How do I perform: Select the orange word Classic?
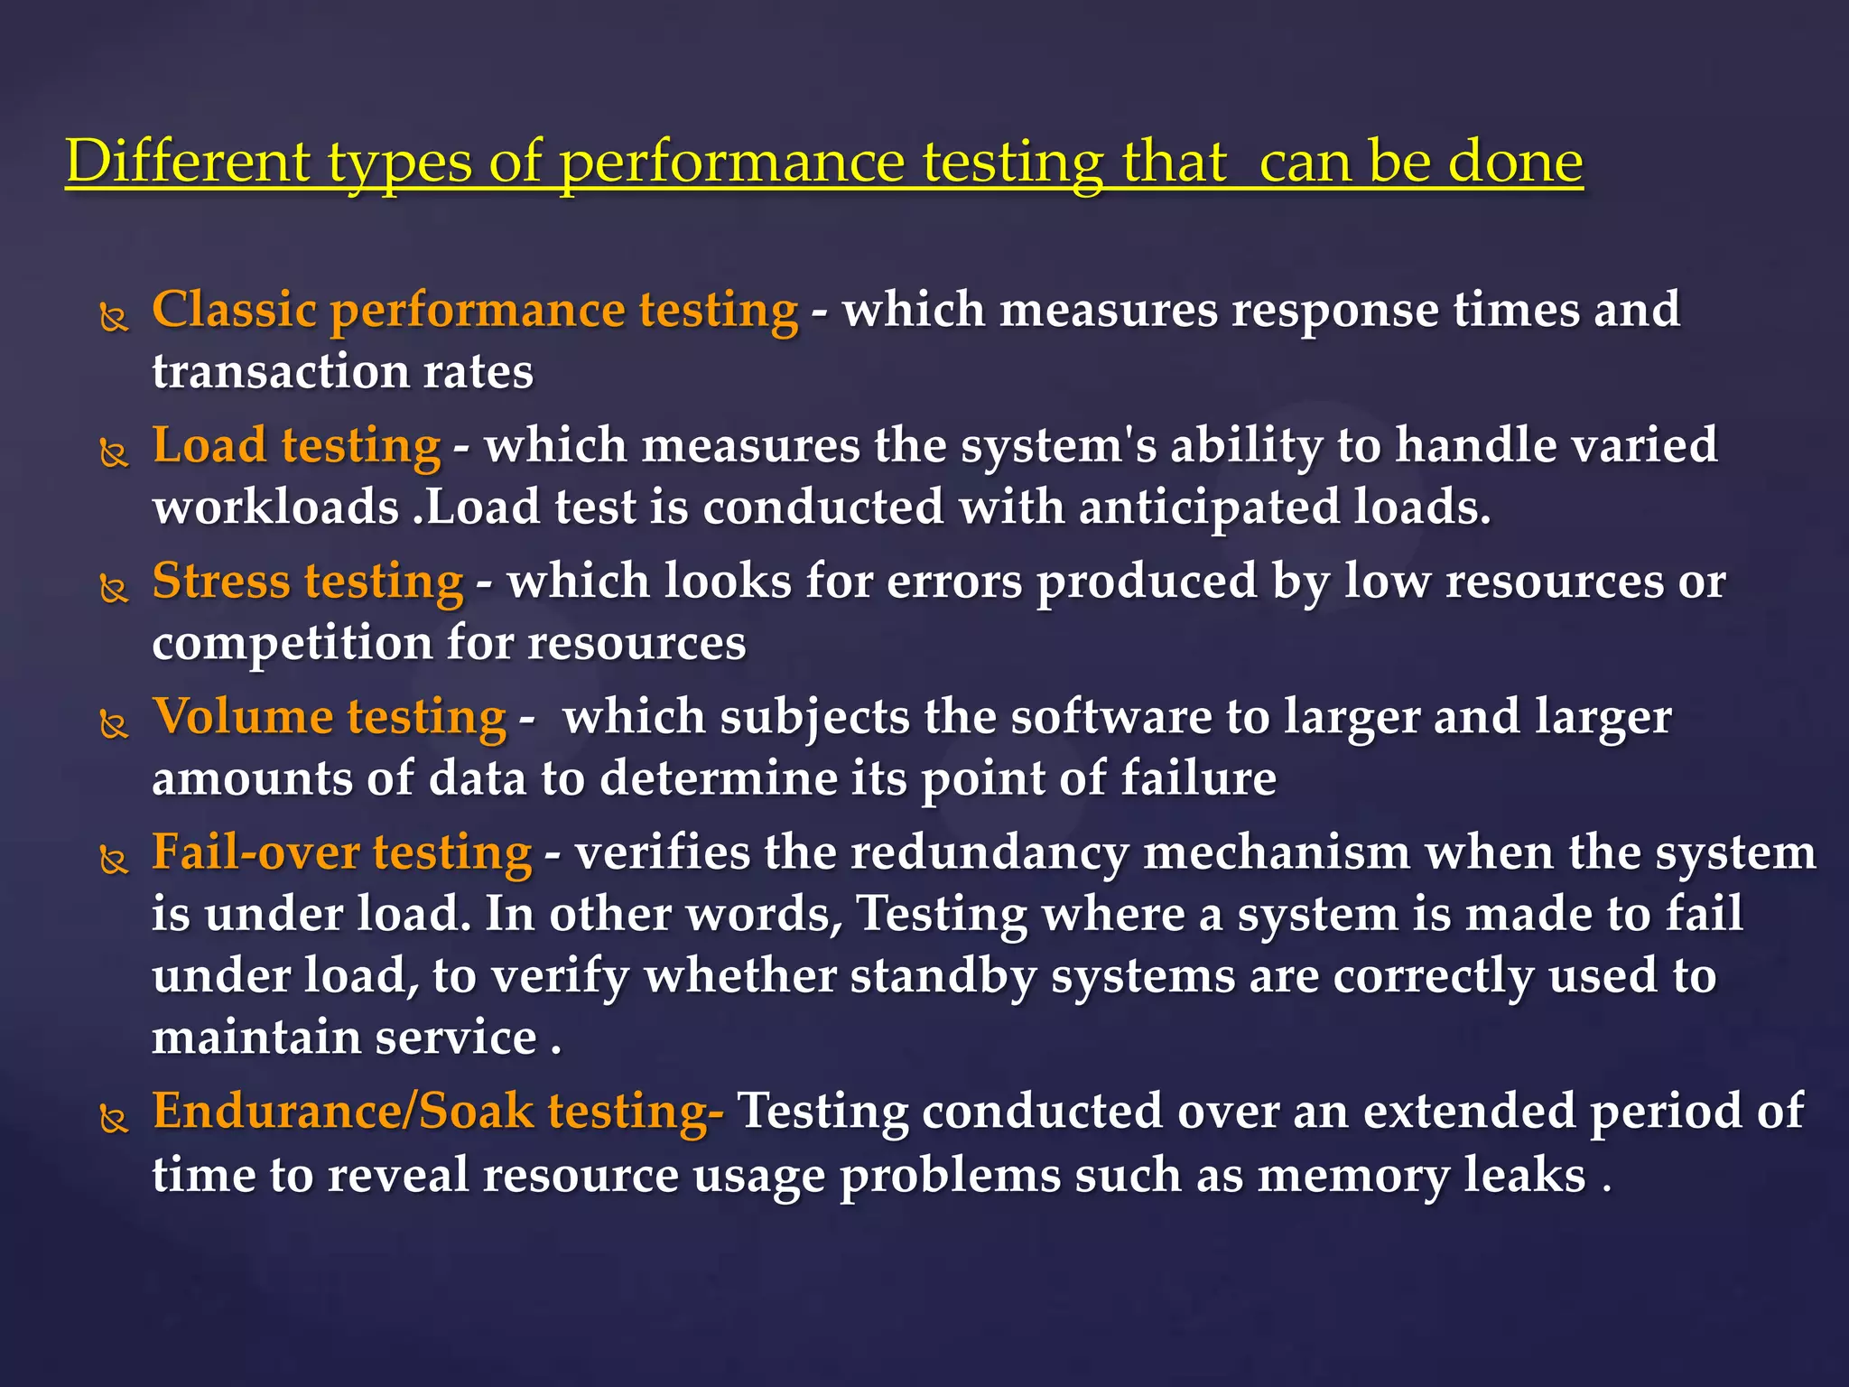[234, 310]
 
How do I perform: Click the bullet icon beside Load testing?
[114, 451]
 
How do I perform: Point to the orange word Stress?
[221, 581]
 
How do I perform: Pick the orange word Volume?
[243, 717]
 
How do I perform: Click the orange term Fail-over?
[256, 852]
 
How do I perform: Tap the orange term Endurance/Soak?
[343, 1111]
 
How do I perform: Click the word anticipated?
[1209, 507]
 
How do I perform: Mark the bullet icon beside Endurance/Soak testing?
[114, 1120]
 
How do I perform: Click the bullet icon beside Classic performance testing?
[114, 317]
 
